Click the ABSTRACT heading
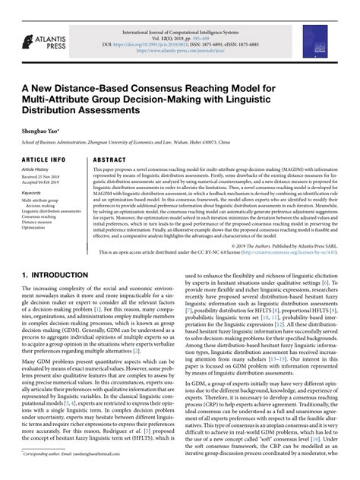click(x=110, y=160)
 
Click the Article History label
click(x=39, y=172)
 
